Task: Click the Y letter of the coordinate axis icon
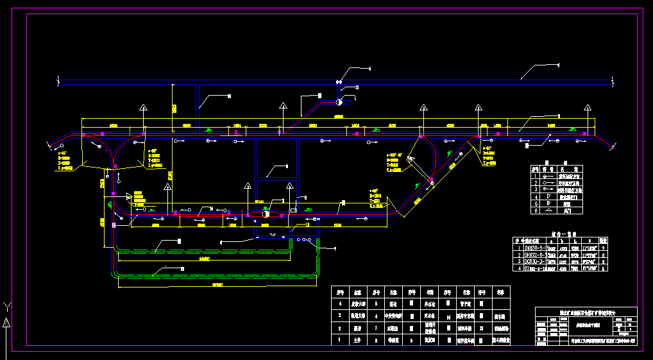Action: (x=6, y=305)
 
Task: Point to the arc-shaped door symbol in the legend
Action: (x=548, y=210)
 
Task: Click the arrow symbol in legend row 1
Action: (x=548, y=175)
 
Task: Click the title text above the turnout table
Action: (x=565, y=234)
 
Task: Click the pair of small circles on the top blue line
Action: (x=338, y=81)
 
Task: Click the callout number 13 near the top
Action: (x=357, y=87)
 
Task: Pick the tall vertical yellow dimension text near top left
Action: (x=173, y=108)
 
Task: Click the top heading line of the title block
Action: (x=587, y=313)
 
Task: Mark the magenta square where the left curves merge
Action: (x=114, y=166)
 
